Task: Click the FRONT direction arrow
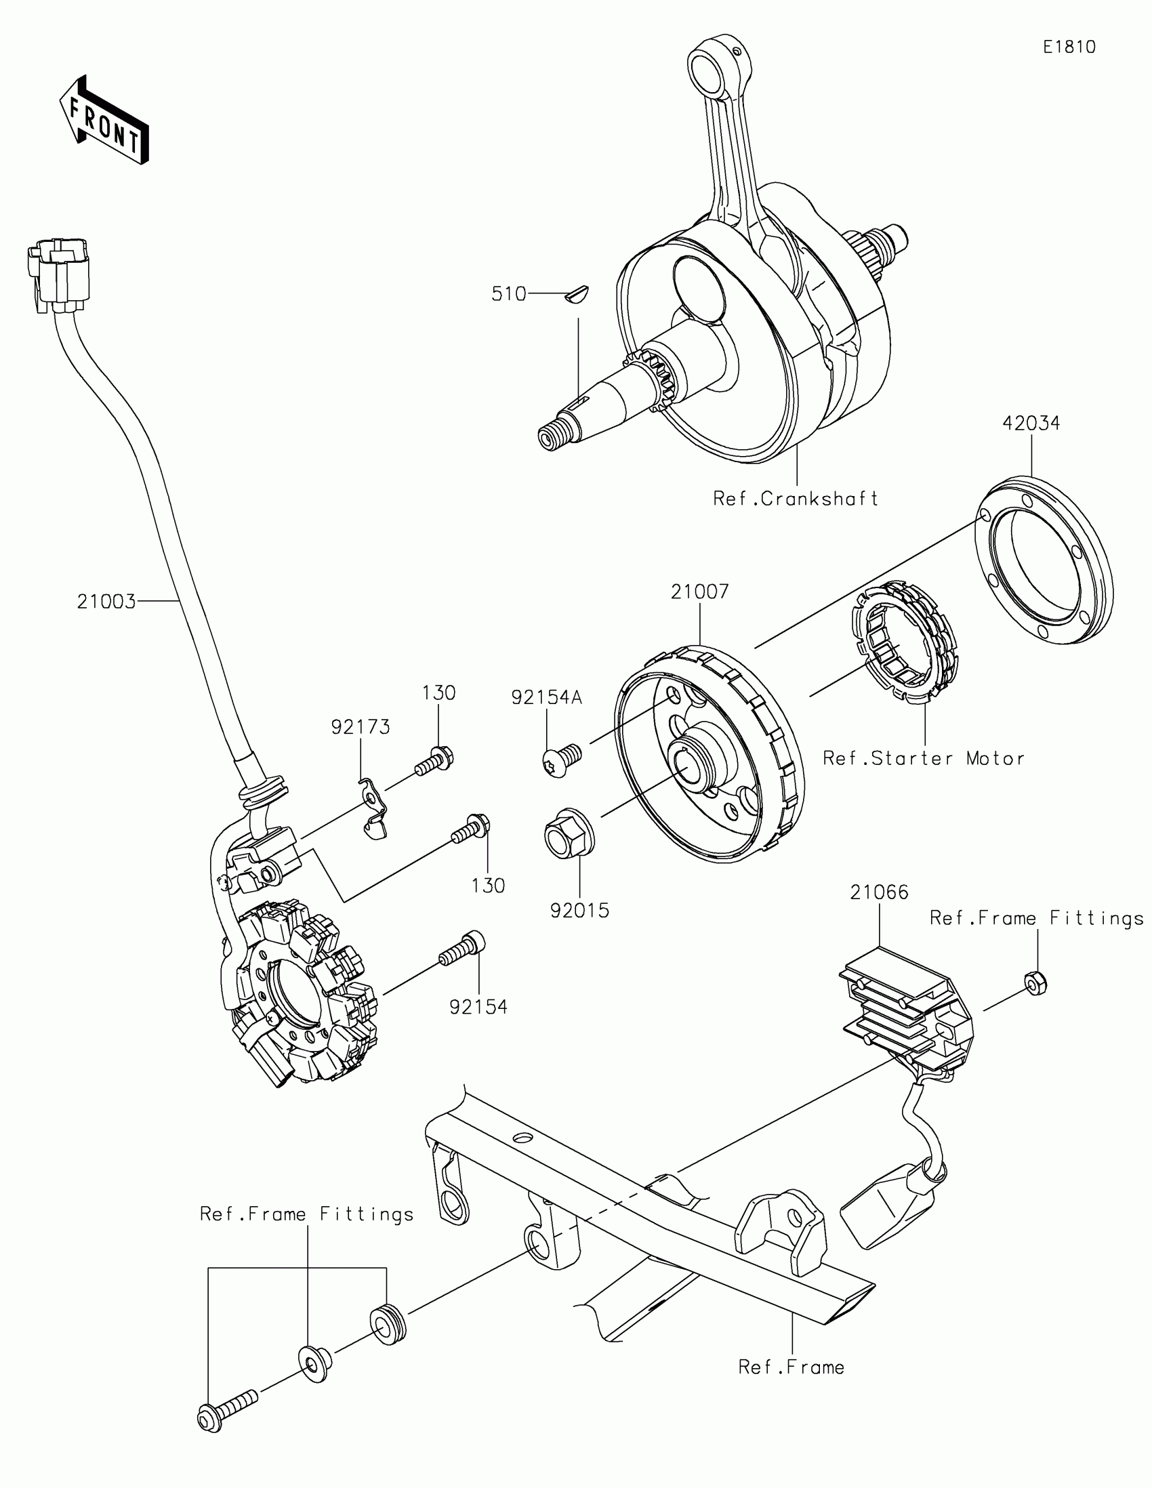(104, 121)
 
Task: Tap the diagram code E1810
(1069, 47)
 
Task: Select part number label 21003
(106, 602)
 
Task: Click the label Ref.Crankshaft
(796, 499)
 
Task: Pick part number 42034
(1031, 423)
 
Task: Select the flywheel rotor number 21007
(699, 592)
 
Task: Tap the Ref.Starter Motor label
(923, 758)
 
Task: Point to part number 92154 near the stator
(478, 1006)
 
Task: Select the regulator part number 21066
(879, 892)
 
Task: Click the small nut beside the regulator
(1035, 983)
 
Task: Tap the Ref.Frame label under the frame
(791, 1367)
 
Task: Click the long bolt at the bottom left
(228, 1409)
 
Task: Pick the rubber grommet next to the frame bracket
(388, 1323)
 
